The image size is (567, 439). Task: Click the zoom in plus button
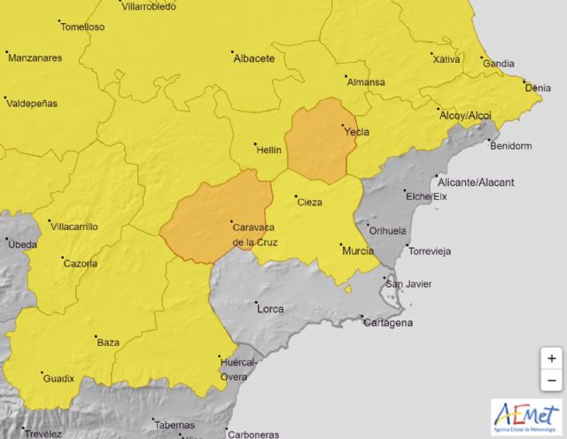coord(551,358)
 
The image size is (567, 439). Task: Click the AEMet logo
coord(527,416)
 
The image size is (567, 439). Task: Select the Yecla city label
coord(356,133)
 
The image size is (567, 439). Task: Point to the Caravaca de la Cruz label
coord(256,234)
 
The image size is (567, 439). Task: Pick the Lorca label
coord(269,309)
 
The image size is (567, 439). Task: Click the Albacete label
coord(254,59)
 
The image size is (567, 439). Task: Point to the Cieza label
coord(309,201)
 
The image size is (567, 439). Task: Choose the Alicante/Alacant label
coord(489,182)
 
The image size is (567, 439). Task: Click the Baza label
coord(107,342)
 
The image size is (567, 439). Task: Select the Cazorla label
coord(81,263)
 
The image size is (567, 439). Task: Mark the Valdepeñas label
coord(32,104)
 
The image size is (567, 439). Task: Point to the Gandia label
coord(498,64)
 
